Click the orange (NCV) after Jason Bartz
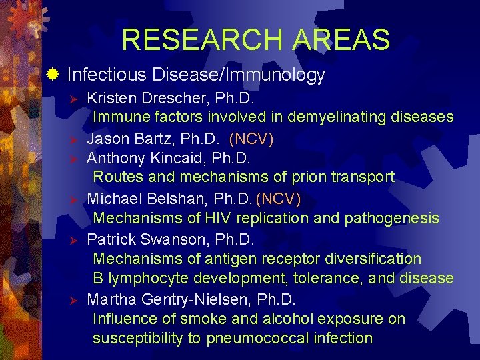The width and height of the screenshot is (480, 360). point(251,139)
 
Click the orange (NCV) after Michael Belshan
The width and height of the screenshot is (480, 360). point(279,199)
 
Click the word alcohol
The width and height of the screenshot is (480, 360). point(285,319)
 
